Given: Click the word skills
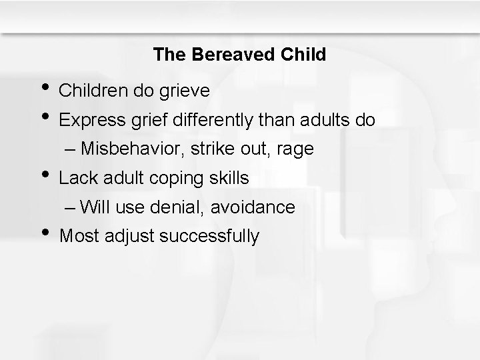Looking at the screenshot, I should [230, 178].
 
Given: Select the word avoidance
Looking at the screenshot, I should [254, 207].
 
